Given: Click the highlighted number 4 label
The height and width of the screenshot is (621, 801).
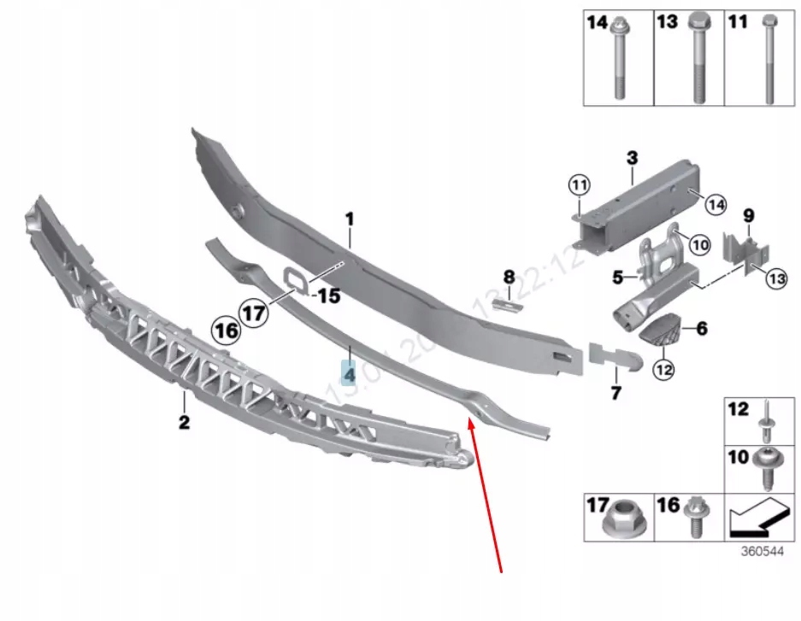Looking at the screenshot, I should point(349,373).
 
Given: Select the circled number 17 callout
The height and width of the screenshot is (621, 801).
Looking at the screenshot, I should point(253,313).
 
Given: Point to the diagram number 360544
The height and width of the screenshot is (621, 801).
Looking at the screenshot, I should point(762,552).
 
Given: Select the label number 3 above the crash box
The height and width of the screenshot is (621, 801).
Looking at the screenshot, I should point(632,158).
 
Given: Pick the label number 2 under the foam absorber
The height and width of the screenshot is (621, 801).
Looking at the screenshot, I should point(184,421).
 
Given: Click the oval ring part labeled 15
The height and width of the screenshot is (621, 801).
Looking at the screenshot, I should point(294,278).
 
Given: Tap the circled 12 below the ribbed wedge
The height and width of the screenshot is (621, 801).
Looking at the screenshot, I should point(663,370).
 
